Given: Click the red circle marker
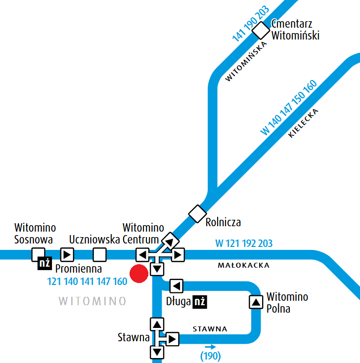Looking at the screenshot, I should pyautogui.click(x=138, y=274).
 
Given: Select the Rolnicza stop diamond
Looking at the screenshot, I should pyautogui.click(x=197, y=213).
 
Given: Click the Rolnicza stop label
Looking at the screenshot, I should pyautogui.click(x=224, y=222).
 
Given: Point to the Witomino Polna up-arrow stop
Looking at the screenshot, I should pyautogui.click(x=256, y=302).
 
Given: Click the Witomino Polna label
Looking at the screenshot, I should pyautogui.click(x=287, y=303).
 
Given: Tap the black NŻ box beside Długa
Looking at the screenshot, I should pyautogui.click(x=199, y=302).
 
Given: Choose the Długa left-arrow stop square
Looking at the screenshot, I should pyautogui.click(x=177, y=286).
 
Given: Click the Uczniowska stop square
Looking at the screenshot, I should pyautogui.click(x=100, y=255).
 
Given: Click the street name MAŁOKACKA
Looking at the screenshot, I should pyautogui.click(x=244, y=265).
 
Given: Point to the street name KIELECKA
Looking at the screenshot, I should pyautogui.click(x=304, y=123).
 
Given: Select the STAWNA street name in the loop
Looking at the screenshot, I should pyautogui.click(x=210, y=329).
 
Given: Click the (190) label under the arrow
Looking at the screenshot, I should pyautogui.click(x=210, y=356).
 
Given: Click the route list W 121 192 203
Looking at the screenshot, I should pyautogui.click(x=244, y=243).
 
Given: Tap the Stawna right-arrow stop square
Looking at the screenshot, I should pyautogui.click(x=172, y=339).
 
